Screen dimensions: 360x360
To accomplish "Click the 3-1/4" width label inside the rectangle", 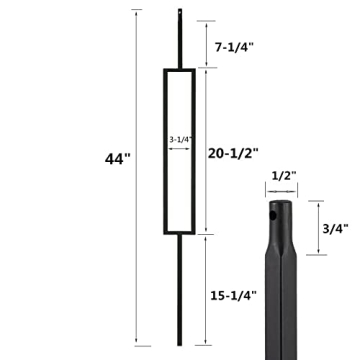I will (180, 139).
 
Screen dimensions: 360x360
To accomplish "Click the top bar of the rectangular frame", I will (180, 70).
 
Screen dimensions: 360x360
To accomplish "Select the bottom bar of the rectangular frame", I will (180, 232).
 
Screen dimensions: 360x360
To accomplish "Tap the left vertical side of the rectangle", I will (162, 150).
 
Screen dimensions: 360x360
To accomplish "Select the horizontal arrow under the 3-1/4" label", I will (180, 148).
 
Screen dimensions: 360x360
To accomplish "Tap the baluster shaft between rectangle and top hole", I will (180, 45).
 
